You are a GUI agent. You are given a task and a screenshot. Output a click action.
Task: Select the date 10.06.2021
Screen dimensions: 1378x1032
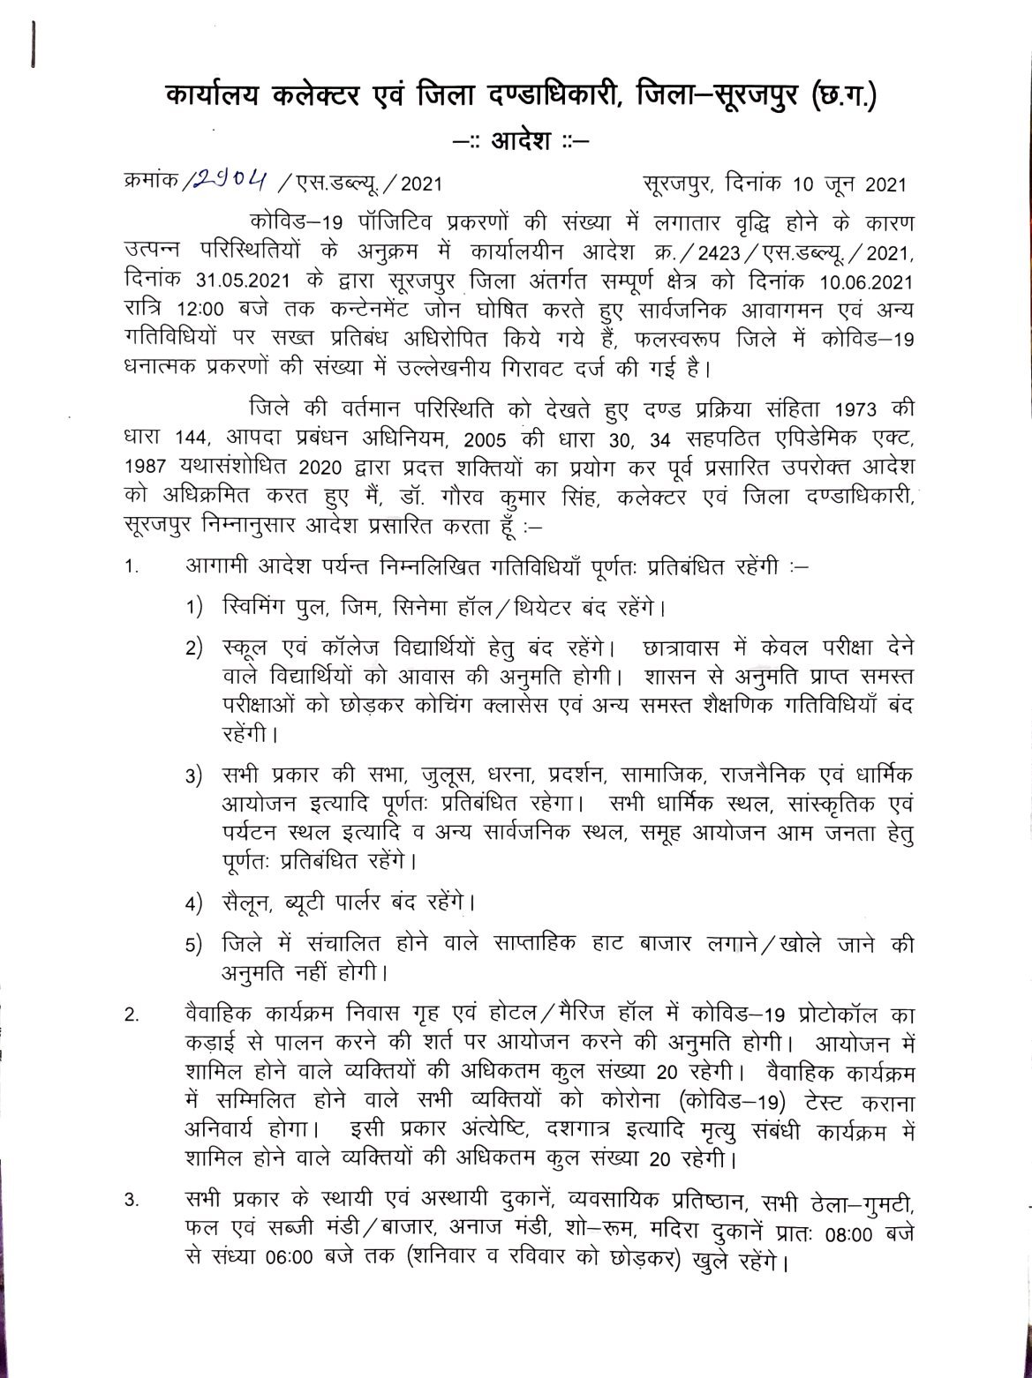point(855,256)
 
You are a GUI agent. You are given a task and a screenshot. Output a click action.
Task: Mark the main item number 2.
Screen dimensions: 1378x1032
point(131,1015)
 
